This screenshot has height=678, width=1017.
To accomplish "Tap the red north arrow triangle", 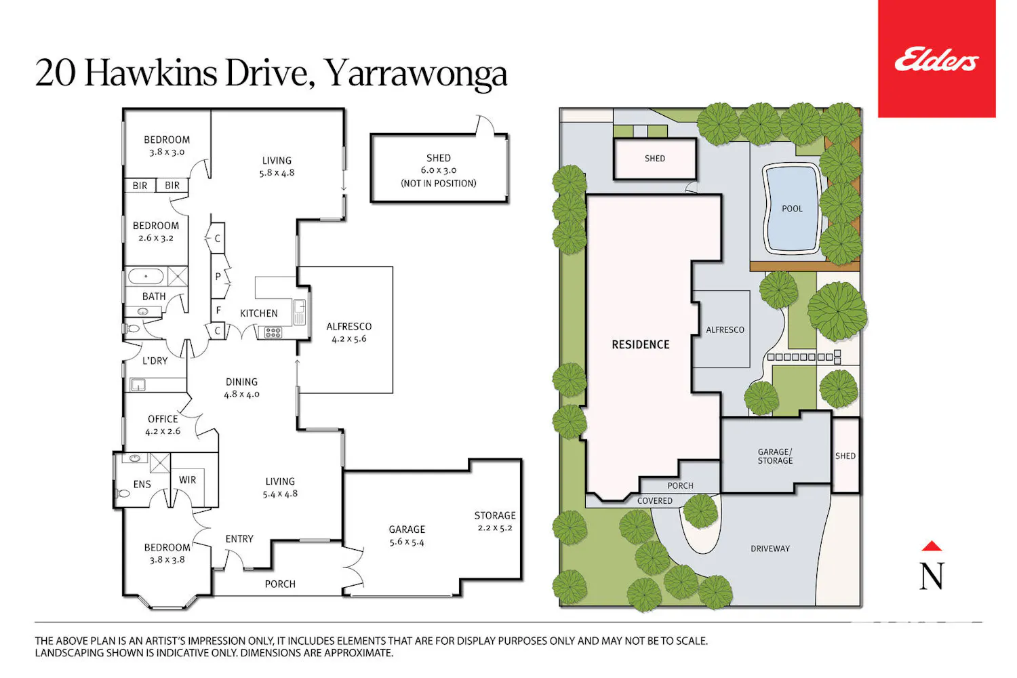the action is [x=931, y=546].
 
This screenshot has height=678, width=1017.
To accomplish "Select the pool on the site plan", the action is [x=792, y=209].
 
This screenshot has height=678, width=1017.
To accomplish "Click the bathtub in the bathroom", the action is [x=146, y=276].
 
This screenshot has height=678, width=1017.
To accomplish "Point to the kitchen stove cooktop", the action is [x=273, y=333].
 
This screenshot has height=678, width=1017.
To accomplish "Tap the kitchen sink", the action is [x=299, y=311].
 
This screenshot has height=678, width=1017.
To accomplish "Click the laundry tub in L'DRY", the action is [x=138, y=385].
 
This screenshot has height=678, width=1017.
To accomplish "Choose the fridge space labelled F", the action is [x=219, y=310].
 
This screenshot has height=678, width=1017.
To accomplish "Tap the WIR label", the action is [x=188, y=480].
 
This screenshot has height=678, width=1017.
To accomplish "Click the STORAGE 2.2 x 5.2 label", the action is [x=495, y=521].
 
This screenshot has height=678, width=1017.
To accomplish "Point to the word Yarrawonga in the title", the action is [x=416, y=73].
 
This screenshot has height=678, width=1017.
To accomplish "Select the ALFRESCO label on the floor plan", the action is [x=348, y=327].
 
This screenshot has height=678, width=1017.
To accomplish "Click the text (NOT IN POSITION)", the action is [x=439, y=184].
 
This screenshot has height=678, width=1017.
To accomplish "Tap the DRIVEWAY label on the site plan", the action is [x=770, y=549].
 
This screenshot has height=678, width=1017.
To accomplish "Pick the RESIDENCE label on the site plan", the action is [x=641, y=344].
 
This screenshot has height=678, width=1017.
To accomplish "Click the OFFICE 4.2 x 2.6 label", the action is [x=163, y=425].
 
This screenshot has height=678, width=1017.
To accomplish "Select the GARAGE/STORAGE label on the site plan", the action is [x=775, y=456].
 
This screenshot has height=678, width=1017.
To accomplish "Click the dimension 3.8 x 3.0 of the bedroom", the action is [x=167, y=152].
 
